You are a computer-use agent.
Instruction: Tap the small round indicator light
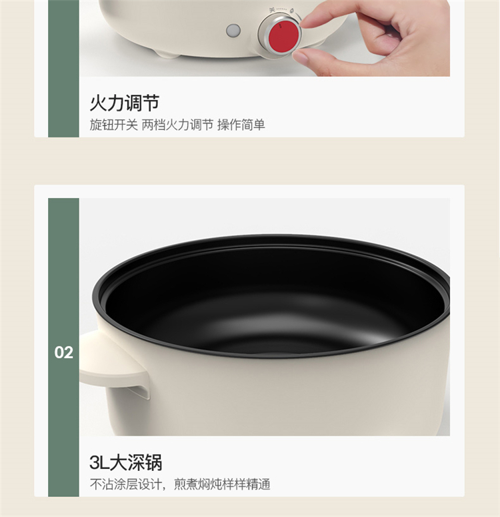[233, 31]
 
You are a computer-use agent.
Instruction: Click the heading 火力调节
[125, 103]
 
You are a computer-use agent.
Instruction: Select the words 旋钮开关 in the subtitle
[113, 125]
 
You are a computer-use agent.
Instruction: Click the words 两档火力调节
[177, 125]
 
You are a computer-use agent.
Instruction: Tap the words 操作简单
[241, 125]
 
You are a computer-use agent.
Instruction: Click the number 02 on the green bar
[63, 352]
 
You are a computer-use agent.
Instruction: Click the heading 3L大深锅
[125, 462]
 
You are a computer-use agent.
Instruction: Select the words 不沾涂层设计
[125, 484]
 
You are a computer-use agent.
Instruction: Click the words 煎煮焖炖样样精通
[222, 484]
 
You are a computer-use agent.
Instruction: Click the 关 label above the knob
[272, 10]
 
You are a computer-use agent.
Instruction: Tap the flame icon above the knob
[292, 11]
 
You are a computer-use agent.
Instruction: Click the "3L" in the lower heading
[99, 462]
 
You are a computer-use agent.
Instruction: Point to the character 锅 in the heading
[153, 462]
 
